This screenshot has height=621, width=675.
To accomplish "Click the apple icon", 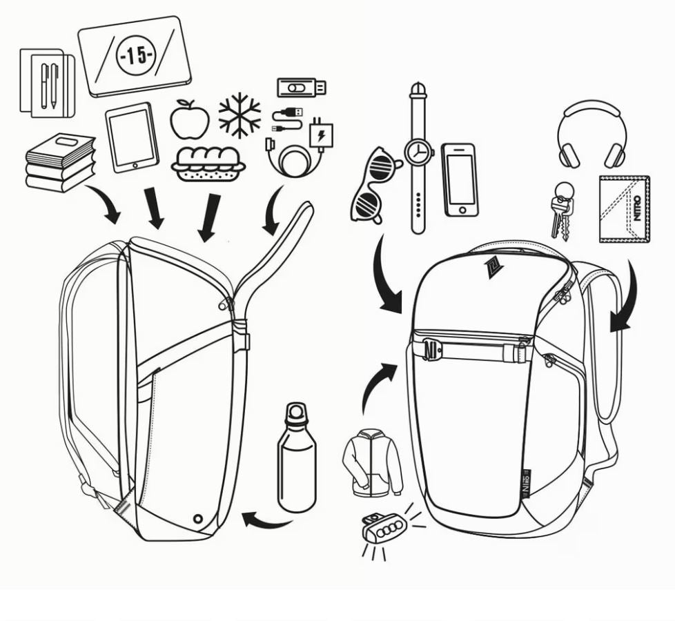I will [x=190, y=119].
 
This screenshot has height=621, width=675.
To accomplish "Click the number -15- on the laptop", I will [x=135, y=56].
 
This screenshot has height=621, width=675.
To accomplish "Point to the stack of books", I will [x=59, y=162].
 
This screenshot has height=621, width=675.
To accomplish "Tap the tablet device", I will [x=132, y=137].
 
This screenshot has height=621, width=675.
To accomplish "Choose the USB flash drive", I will [x=302, y=88].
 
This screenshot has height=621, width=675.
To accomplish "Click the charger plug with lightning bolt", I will [x=321, y=135].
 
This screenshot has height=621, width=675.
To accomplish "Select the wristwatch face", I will [x=418, y=151].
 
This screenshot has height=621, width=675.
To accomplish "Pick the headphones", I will [x=592, y=135].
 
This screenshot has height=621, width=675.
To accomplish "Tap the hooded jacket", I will [x=372, y=462].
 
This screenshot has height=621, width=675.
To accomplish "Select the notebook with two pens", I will [x=46, y=81].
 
